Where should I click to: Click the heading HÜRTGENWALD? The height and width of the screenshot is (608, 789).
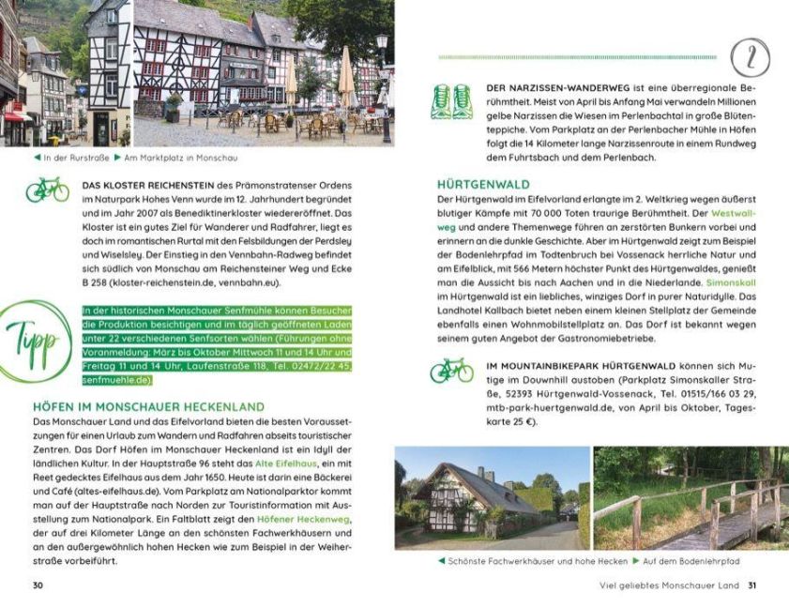coord(483,185)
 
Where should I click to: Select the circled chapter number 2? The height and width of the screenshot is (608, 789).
coord(750,58)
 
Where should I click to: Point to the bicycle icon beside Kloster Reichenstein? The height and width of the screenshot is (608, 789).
coord(47,190)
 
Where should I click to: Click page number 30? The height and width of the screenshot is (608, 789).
coord(38,586)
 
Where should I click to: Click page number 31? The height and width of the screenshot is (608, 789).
coord(751,586)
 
